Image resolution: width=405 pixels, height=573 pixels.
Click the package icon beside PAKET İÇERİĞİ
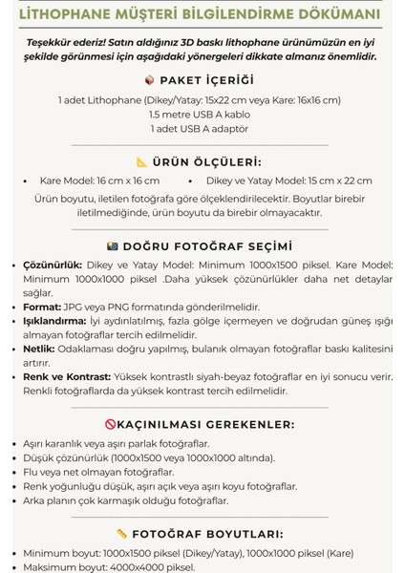pyautogui.click(x=149, y=80)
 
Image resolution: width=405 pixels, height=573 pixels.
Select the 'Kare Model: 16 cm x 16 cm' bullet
pyautogui.click(x=99, y=180)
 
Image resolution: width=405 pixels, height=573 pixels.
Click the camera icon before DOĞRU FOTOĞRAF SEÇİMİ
pyautogui.click(x=113, y=245)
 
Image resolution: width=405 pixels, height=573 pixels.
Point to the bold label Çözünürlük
pyautogui.click(x=51, y=265)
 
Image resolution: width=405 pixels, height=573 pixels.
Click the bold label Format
pyautogui.click(x=41, y=308)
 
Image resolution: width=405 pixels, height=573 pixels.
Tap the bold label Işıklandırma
pyautogui.click(x=54, y=322)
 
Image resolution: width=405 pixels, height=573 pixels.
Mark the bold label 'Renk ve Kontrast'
pyautogui.click(x=66, y=377)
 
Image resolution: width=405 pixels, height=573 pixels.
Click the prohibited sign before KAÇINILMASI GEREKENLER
pyautogui.click(x=112, y=424)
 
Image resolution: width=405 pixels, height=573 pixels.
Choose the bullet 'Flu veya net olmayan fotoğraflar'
pyautogui.click(x=98, y=472)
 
